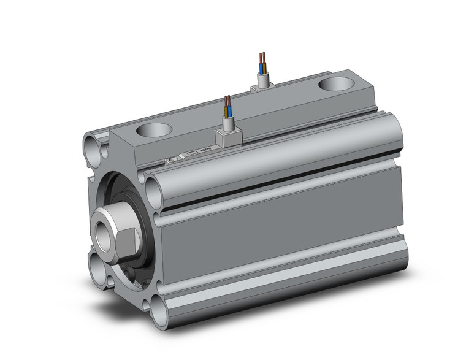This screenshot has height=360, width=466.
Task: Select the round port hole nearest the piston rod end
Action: pyautogui.click(x=153, y=130)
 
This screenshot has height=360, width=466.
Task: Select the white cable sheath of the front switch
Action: pyautogui.click(x=227, y=123)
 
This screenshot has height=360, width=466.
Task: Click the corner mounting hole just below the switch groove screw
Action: pyautogui.click(x=154, y=184)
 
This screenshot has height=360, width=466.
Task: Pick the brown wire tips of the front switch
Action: pyautogui.click(x=226, y=101)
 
